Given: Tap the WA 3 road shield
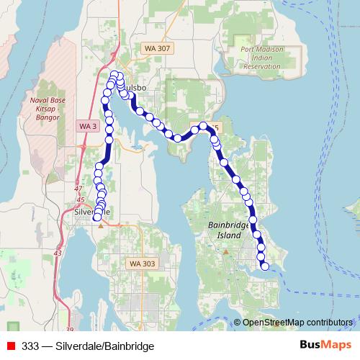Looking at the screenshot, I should click(x=88, y=126).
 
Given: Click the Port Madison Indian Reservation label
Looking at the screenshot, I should click(x=253, y=58).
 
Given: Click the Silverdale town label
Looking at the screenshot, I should click(x=92, y=212).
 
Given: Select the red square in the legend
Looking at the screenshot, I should click(x=11, y=346).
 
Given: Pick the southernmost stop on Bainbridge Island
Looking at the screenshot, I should click(x=265, y=266).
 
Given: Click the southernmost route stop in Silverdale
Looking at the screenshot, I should click(x=97, y=217).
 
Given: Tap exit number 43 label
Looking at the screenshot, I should click(x=57, y=253).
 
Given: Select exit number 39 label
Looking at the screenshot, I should click(x=69, y=310).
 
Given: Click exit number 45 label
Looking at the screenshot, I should click(x=80, y=199).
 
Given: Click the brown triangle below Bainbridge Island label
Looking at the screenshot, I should click(x=225, y=252).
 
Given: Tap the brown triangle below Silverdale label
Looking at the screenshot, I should click(x=101, y=225).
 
